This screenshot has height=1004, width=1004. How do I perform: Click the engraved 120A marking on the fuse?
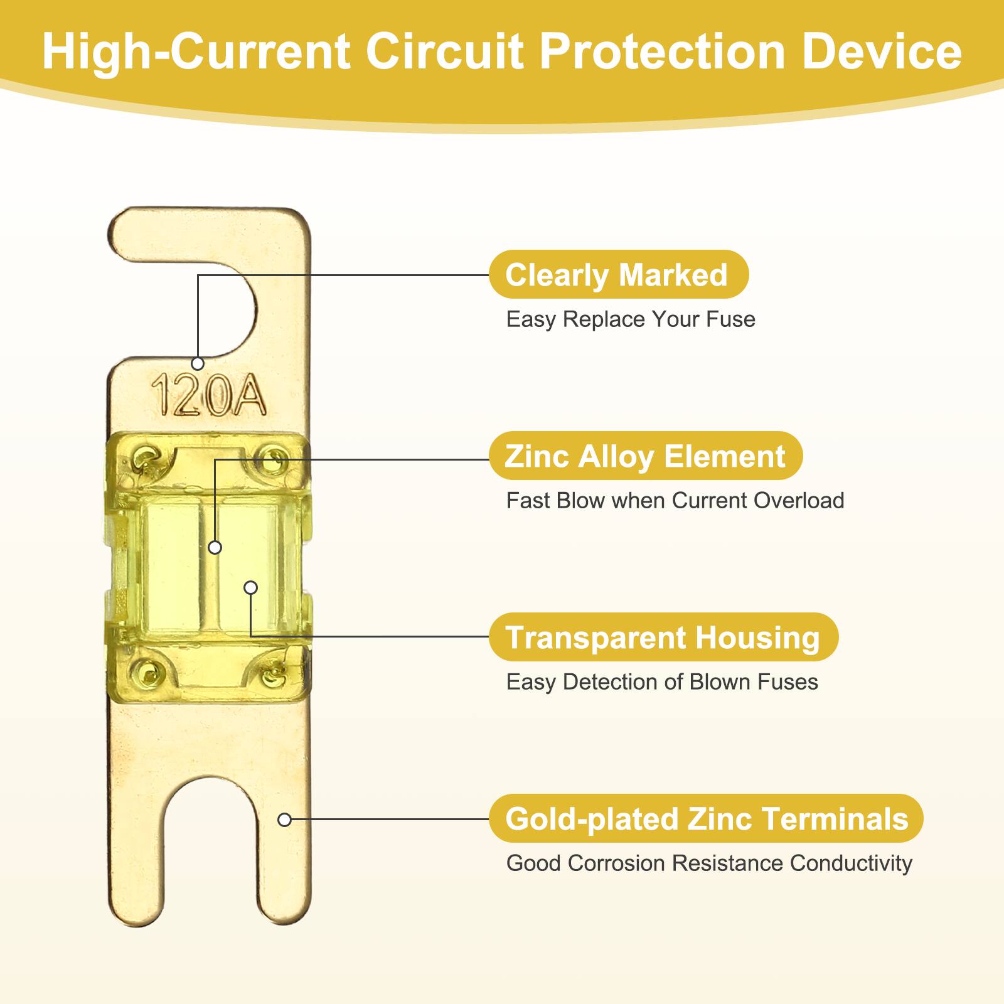[209, 395]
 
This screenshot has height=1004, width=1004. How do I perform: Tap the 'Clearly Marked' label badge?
[618, 275]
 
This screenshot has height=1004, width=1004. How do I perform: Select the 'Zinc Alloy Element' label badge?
[645, 456]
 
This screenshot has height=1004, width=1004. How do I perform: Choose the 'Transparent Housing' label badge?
[663, 638]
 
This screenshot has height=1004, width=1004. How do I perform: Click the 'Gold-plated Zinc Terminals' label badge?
[706, 819]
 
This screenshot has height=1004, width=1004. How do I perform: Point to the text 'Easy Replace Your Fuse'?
[631, 319]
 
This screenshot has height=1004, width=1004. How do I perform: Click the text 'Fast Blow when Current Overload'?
[675, 501]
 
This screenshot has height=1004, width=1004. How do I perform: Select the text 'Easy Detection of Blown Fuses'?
[662, 682]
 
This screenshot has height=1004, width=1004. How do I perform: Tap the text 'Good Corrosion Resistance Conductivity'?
[709, 863]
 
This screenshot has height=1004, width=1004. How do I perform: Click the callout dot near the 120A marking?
[198, 363]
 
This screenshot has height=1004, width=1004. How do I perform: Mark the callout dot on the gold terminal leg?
[284, 820]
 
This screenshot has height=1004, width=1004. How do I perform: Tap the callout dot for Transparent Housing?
[250, 588]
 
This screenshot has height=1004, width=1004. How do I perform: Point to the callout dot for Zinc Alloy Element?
[215, 548]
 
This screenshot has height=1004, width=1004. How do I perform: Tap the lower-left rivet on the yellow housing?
[148, 672]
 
